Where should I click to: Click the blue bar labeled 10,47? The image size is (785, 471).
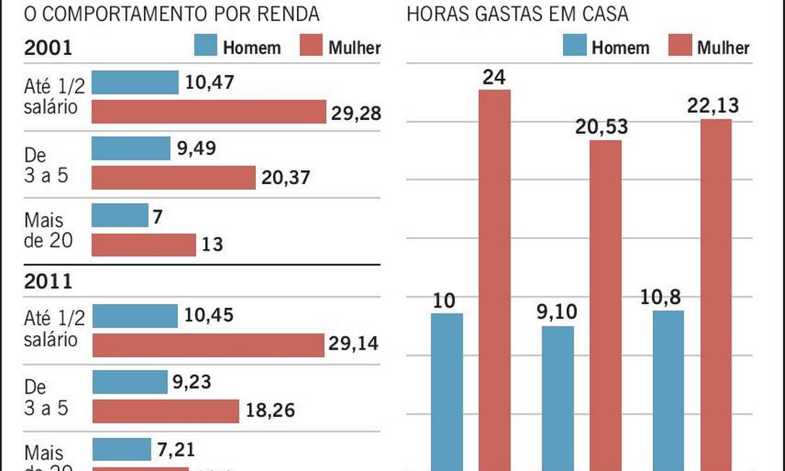pos(135,82)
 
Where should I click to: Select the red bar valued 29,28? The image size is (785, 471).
pos(210,112)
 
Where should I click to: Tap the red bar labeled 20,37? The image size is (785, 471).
pos(174,178)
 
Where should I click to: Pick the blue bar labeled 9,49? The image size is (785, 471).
pos(131,149)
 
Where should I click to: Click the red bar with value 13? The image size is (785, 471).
pos(144,244)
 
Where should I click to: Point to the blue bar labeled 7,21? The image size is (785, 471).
pos(121,449)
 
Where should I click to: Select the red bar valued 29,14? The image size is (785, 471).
pos(208,345)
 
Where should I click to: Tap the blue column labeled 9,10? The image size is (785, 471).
pos(557,398)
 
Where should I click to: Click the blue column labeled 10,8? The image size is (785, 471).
pos(668,390)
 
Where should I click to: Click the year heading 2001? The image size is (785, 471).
pos(48,48)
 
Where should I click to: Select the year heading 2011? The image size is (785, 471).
pos(48,282)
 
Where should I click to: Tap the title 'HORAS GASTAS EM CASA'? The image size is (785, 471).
pos(518,14)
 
